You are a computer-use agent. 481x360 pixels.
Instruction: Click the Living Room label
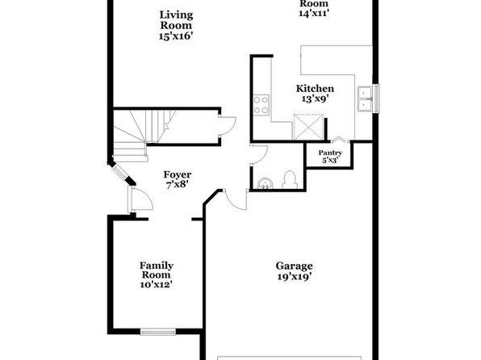pyautogui.click(x=176, y=20)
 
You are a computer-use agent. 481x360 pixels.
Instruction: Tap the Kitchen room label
pyautogui.click(x=315, y=89)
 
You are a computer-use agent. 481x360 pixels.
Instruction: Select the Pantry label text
pyautogui.click(x=330, y=153)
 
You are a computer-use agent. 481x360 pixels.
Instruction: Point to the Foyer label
pyautogui.click(x=178, y=174)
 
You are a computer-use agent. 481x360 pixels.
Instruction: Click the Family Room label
pyautogui.click(x=157, y=270)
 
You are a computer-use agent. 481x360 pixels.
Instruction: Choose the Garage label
pyautogui.click(x=295, y=266)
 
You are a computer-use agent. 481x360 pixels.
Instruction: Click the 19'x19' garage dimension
pyautogui.click(x=295, y=277)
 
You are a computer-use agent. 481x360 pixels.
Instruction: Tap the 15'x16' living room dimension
pyautogui.click(x=176, y=36)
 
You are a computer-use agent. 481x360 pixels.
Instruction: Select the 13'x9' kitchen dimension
pyautogui.click(x=315, y=98)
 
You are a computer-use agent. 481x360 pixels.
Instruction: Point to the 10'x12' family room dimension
pyautogui.click(x=156, y=284)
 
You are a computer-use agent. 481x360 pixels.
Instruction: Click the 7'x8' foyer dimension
pyautogui.click(x=178, y=185)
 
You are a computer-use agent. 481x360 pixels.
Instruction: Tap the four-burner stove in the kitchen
pyautogui.click(x=261, y=105)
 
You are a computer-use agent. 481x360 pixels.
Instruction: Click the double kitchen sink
pyautogui.click(x=365, y=98)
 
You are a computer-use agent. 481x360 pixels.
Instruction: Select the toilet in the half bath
pyautogui.click(x=290, y=180)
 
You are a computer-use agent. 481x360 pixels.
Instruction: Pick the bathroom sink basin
pyautogui.click(x=266, y=183)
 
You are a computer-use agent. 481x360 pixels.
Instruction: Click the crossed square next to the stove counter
pyautogui.click(x=308, y=127)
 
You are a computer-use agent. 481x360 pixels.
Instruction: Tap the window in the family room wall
pyautogui.click(x=157, y=332)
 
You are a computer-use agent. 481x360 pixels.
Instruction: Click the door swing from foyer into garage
pyautogui.click(x=236, y=199)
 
